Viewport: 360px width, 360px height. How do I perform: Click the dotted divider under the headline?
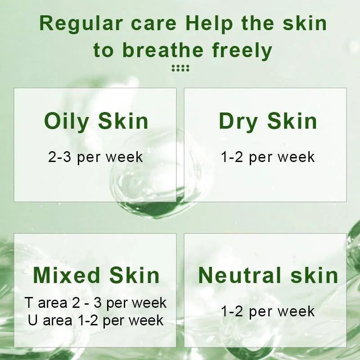pos(180,68)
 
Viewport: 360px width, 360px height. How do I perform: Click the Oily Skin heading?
pos(96,121)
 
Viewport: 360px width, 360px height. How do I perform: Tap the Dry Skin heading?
pos(268,121)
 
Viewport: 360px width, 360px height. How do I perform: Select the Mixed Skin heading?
pos(96,275)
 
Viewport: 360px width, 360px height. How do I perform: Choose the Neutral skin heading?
pos(268,275)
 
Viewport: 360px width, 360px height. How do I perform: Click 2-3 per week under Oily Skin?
pos(95,157)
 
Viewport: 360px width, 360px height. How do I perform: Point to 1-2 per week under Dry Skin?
pos(268,157)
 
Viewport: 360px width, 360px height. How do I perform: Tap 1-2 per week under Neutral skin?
pos(268,311)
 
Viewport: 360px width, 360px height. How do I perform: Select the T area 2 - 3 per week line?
pos(95,302)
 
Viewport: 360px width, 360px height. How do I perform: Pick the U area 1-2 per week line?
pos(95,320)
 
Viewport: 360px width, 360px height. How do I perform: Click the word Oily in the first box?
pos(66,121)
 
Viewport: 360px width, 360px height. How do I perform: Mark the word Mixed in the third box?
pos(67,275)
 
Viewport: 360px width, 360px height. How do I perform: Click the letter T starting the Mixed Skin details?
pos(29,302)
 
